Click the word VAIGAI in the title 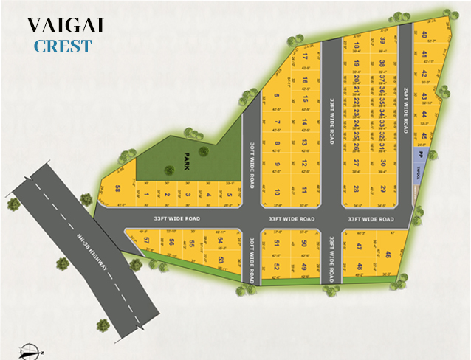[66, 24]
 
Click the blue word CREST [63, 46]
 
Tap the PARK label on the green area [187, 161]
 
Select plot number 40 [424, 35]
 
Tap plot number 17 [305, 57]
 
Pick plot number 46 [388, 255]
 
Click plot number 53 [220, 260]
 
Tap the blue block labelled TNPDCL [419, 174]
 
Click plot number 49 [304, 266]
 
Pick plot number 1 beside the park [147, 195]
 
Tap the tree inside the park [202, 150]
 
